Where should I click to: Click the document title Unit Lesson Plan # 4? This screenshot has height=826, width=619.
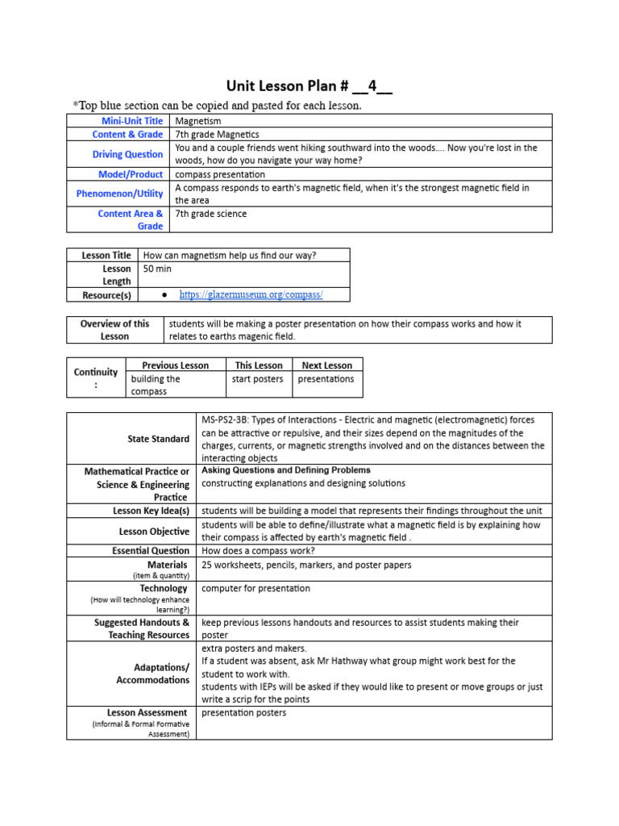click(309, 86)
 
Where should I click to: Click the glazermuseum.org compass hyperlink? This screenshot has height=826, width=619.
click(251, 295)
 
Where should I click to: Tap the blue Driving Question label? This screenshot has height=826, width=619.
click(127, 154)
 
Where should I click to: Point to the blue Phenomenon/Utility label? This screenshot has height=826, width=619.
click(119, 194)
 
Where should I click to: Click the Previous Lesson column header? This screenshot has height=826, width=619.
click(175, 365)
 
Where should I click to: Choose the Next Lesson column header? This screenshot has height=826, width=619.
click(326, 365)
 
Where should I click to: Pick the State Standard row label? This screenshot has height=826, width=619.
click(159, 439)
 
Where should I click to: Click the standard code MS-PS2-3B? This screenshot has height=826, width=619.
click(230, 420)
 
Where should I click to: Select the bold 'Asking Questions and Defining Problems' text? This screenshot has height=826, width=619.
click(285, 470)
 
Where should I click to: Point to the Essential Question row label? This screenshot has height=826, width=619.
click(151, 551)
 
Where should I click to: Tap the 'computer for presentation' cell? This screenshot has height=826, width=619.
click(255, 589)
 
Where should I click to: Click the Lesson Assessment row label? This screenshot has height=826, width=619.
click(147, 713)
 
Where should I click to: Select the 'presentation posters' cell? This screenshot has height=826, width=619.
click(243, 713)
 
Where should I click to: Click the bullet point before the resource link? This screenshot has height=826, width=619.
click(164, 295)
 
